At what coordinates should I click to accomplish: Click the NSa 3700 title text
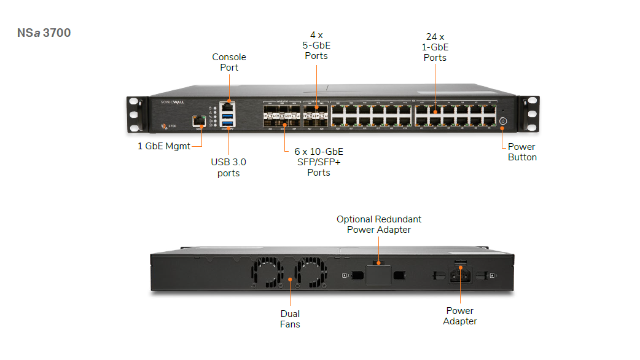tap(44, 33)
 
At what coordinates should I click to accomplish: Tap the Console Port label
tap(229, 62)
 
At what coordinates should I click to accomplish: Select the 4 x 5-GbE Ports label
tap(316, 45)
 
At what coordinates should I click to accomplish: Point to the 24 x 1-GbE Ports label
tap(435, 47)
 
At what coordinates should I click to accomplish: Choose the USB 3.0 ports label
tap(228, 168)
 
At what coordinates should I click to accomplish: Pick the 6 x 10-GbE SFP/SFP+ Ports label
tap(319, 162)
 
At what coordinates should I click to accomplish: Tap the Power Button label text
tap(522, 152)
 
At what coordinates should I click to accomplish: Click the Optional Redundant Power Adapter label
tap(378, 224)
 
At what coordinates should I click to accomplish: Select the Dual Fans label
tap(290, 319)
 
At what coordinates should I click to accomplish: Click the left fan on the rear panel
tap(268, 272)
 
